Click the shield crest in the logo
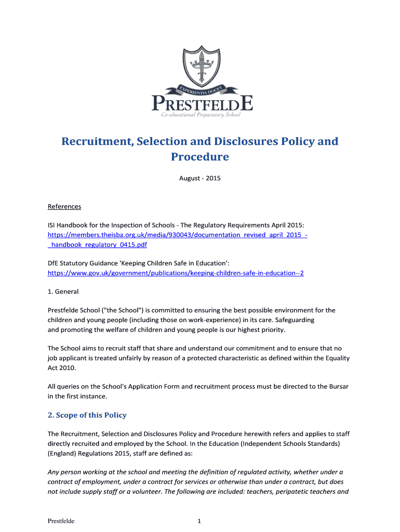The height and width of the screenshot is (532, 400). point(200,65)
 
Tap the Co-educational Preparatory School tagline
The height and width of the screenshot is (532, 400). point(201,114)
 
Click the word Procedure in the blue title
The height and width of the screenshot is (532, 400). point(200,157)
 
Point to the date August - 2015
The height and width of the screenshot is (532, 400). point(200,178)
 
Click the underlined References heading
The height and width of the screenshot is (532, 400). point(64,206)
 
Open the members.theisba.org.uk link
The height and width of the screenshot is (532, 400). point(177,235)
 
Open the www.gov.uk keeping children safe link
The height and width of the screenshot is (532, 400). point(176,273)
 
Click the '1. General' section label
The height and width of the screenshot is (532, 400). point(63,291)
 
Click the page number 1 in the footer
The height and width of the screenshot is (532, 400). point(199,521)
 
